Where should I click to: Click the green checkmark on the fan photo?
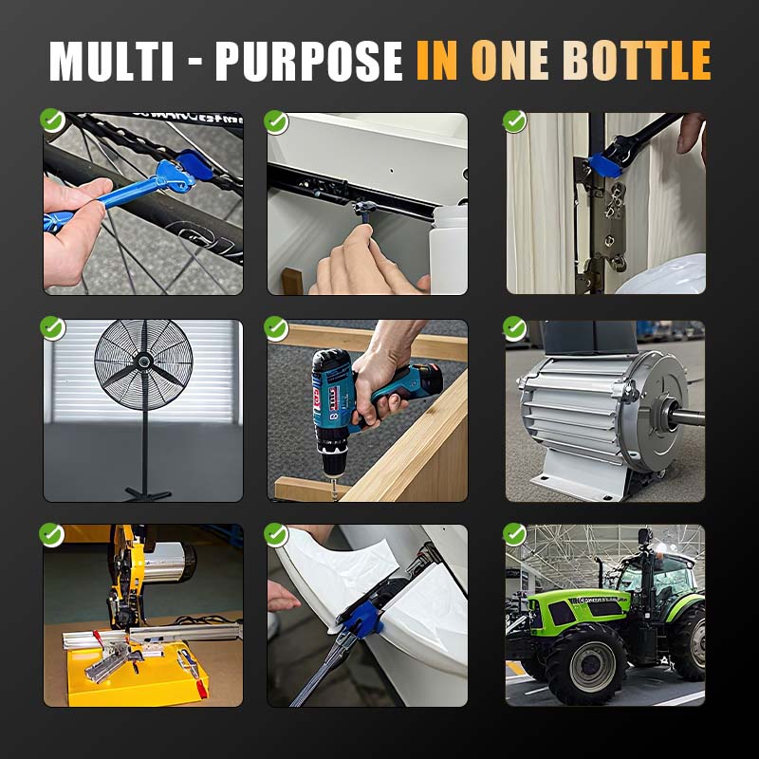(52, 328)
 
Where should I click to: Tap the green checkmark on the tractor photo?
(514, 534)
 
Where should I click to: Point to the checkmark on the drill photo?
(276, 328)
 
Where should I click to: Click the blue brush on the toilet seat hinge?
(363, 619)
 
